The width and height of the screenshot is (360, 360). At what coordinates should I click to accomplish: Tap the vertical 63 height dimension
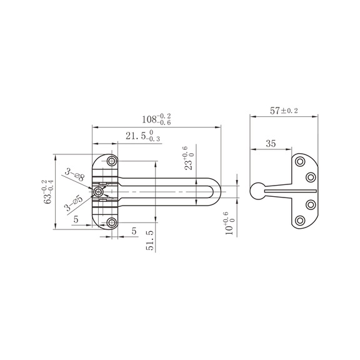click(49, 191)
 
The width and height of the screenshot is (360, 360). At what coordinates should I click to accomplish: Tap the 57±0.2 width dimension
click(284, 111)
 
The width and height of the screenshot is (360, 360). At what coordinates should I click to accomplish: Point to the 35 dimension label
click(270, 144)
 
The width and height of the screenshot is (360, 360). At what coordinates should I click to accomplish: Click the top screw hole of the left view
click(112, 162)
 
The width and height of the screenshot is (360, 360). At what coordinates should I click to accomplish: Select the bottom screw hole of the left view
click(112, 222)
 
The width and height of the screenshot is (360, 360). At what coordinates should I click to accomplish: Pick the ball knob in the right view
click(256, 192)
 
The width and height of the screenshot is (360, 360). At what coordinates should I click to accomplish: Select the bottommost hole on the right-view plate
click(300, 219)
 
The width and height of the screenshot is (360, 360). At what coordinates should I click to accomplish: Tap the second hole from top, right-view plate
click(310, 177)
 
